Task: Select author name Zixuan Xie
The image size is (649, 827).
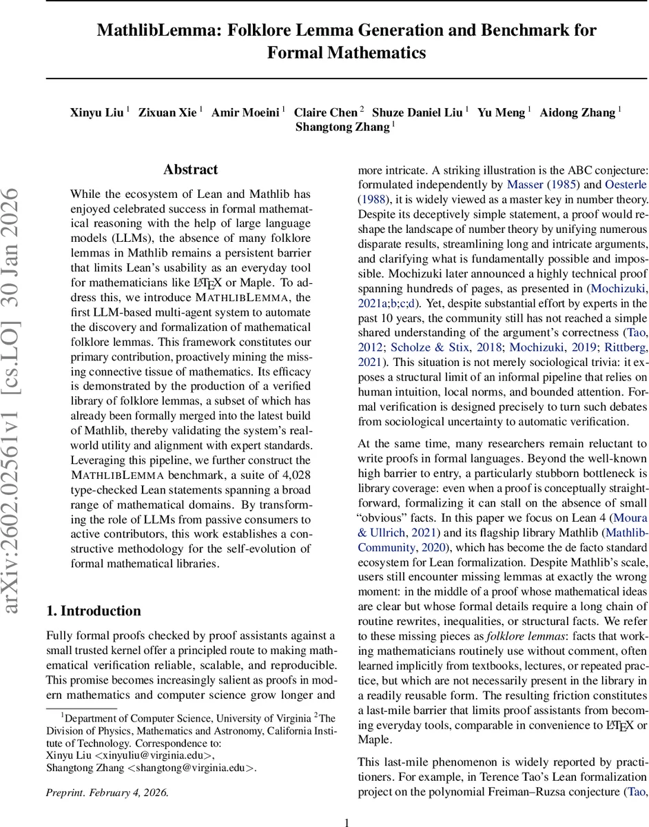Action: click(x=167, y=112)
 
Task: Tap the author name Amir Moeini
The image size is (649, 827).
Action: click(x=244, y=112)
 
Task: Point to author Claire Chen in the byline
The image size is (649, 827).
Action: click(x=326, y=112)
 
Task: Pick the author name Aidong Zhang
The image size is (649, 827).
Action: click(x=577, y=112)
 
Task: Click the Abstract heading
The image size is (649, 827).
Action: click(x=191, y=170)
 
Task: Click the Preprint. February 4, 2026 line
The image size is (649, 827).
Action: click(x=107, y=792)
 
